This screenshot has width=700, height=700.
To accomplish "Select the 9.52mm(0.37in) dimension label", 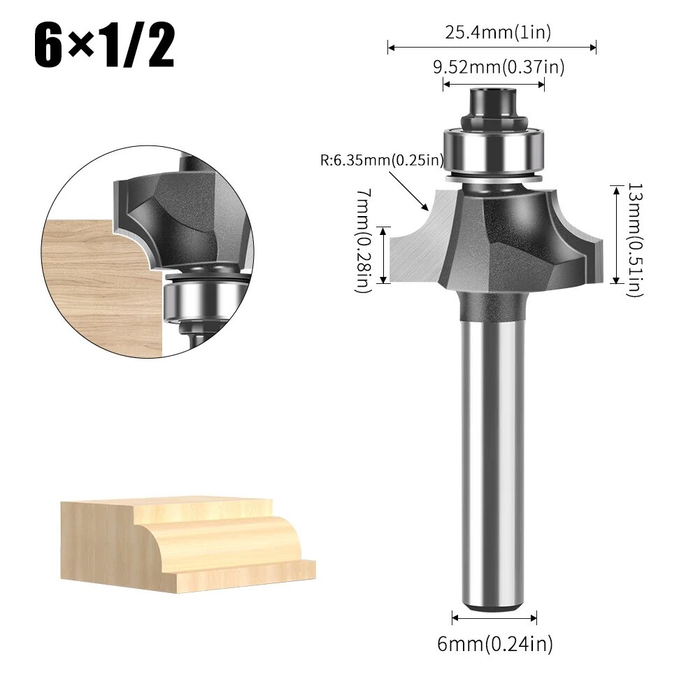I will [x=498, y=67].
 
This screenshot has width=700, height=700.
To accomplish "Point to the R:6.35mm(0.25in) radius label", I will [x=382, y=159].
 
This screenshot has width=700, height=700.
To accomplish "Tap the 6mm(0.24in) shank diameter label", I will [x=494, y=643].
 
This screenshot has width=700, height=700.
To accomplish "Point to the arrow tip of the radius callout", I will [x=426, y=208].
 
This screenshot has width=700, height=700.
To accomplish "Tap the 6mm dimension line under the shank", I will [x=494, y=617].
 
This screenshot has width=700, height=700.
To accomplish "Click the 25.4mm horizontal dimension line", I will [x=492, y=48].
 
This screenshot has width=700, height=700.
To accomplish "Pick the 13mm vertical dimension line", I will [x=615, y=234].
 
